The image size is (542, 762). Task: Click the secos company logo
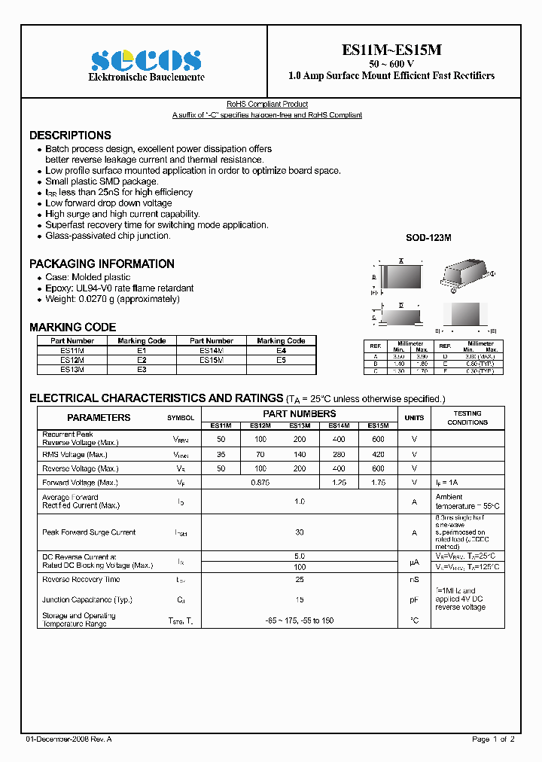pos(146,60)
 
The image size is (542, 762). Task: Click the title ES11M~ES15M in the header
pos(391,50)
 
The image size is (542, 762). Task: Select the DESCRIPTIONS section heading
pos(70,136)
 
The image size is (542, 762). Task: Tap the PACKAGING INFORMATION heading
pos(102,264)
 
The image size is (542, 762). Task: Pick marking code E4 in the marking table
pos(281,351)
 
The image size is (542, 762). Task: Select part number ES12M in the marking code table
pos(72,360)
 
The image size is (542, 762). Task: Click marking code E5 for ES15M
pos(281,360)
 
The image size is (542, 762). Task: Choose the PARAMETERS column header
pos(99,418)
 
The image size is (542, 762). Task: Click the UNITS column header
pos(414,418)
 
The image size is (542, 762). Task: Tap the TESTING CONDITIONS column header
pos(467,418)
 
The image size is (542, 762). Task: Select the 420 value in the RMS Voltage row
pos(378,455)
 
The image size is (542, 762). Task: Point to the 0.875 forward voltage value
pos(260,483)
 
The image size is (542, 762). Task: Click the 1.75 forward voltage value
pos(378,483)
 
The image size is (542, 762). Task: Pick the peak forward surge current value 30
pos(300,532)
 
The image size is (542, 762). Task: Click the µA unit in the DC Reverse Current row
pos(414,562)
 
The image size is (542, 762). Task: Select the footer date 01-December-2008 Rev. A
pos(69,739)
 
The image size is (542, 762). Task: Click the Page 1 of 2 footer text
pos(493,739)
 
